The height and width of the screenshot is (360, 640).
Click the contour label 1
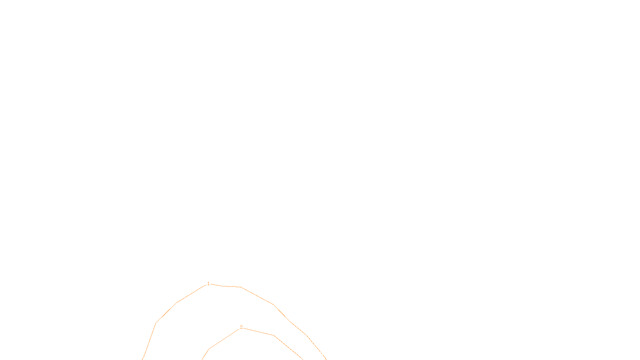tap(208, 284)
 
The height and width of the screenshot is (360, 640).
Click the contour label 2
tap(241, 327)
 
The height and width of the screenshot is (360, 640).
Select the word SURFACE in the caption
tap(320, 353)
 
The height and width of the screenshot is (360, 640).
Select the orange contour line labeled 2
tap(258, 331)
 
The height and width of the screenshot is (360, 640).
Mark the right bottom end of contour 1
tap(326, 359)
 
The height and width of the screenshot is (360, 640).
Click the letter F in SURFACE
tap(320, 353)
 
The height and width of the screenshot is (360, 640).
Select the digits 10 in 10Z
tap(302, 353)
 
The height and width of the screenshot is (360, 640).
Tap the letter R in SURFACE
tap(317, 353)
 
